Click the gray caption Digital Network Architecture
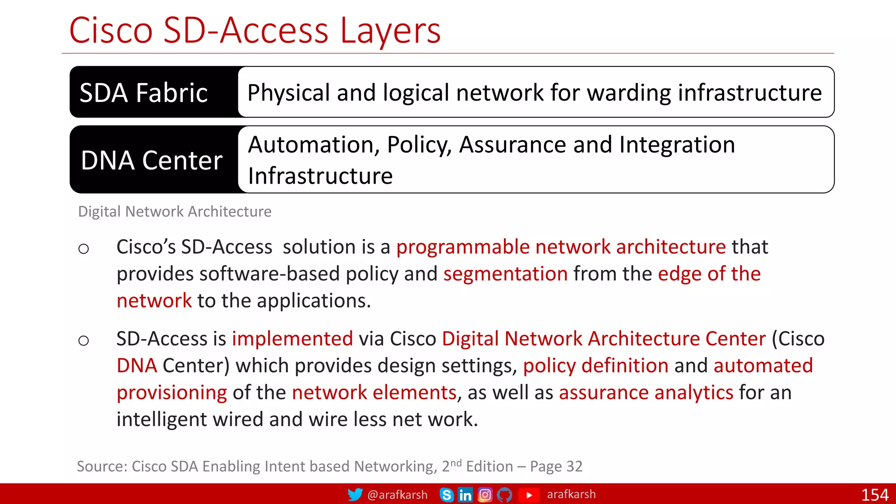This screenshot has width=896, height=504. point(175,212)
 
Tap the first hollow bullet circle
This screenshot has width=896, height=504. point(84,249)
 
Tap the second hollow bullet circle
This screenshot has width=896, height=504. point(84,340)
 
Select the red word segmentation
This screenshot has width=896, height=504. point(505,274)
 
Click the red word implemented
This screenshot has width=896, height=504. point(292,339)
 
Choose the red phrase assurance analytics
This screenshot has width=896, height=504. point(646,392)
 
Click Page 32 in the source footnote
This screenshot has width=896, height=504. point(556,466)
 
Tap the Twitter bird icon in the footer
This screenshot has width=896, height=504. point(355,495)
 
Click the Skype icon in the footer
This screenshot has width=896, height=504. point(446,495)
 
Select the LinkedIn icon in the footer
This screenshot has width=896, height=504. point(465,495)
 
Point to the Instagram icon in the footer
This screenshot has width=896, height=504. point(485,495)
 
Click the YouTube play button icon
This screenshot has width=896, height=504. point(528,495)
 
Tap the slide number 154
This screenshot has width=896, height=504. point(875,495)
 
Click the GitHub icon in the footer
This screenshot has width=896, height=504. point(504,495)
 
